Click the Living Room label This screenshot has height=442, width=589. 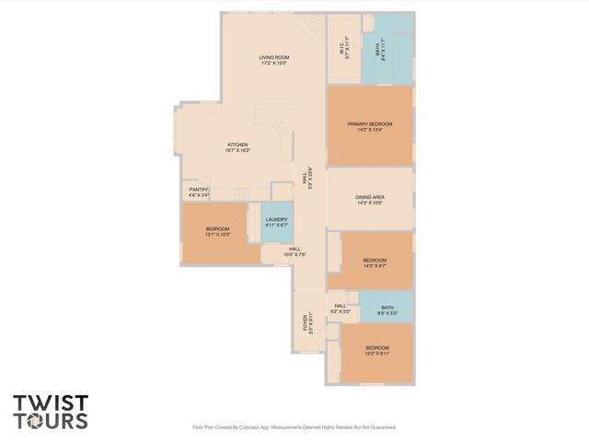(x=273, y=61)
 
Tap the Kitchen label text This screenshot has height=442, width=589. (x=238, y=146)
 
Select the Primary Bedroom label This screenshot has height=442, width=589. (x=369, y=127)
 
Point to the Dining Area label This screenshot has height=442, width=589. (x=369, y=200)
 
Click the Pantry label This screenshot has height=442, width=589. (x=199, y=192)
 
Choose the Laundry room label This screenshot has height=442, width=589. (x=276, y=222)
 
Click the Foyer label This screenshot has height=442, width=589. (x=311, y=323)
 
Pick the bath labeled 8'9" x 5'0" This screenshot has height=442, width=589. (x=387, y=310)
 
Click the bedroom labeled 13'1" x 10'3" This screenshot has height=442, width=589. (x=217, y=231)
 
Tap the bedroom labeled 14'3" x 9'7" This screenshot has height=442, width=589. (x=375, y=262)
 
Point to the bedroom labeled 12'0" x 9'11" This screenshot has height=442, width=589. (x=377, y=349)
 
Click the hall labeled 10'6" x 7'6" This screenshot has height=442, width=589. (x=295, y=251)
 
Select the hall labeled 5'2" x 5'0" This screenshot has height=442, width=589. (x=340, y=308)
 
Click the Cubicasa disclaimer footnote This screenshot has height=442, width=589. (x=294, y=427)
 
